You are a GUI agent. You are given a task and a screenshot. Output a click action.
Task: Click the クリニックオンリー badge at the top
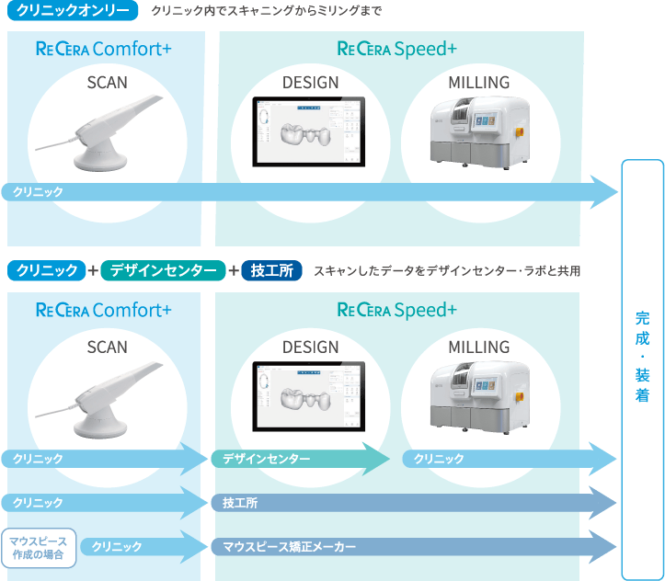(73, 12)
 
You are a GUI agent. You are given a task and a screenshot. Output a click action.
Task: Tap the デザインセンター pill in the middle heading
(164, 270)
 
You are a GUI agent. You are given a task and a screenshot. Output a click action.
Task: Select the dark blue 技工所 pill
(271, 270)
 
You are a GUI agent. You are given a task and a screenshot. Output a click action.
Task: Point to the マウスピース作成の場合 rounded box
(39, 547)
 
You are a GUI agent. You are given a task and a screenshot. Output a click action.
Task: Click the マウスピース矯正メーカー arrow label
(289, 547)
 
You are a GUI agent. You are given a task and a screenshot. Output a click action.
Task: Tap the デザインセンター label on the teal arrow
(266, 458)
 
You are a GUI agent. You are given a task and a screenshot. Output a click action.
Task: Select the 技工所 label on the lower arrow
(240, 503)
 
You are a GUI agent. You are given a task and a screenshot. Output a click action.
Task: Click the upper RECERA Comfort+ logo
(103, 49)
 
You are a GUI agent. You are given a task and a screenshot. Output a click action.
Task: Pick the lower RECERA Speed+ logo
(397, 310)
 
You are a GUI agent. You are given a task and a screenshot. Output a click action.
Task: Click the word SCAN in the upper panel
(107, 83)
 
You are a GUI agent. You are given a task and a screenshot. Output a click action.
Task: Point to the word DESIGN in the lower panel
(310, 347)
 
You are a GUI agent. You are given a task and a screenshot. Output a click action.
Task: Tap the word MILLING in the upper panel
(478, 83)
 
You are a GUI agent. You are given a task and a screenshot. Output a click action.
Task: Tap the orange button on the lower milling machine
(526, 393)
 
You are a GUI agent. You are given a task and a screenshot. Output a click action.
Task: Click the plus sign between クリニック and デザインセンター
(93, 270)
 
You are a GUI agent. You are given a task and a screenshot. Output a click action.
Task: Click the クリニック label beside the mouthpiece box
(116, 547)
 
